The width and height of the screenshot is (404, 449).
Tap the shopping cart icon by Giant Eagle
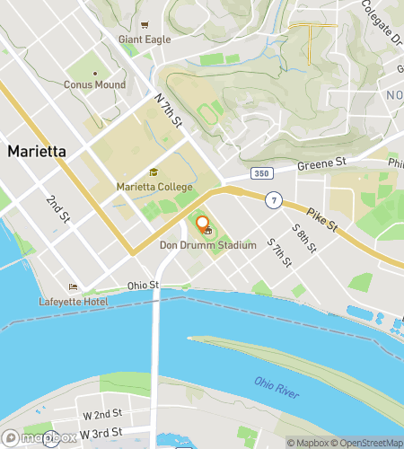tap(145, 27)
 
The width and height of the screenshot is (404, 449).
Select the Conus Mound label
tap(94, 85)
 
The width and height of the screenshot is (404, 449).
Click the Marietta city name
tap(37, 151)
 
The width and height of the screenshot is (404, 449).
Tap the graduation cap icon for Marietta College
tap(154, 173)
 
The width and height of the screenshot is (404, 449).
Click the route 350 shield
tap(260, 171)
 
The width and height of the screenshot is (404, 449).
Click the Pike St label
tap(320, 217)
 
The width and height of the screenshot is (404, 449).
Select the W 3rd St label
tap(101, 434)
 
